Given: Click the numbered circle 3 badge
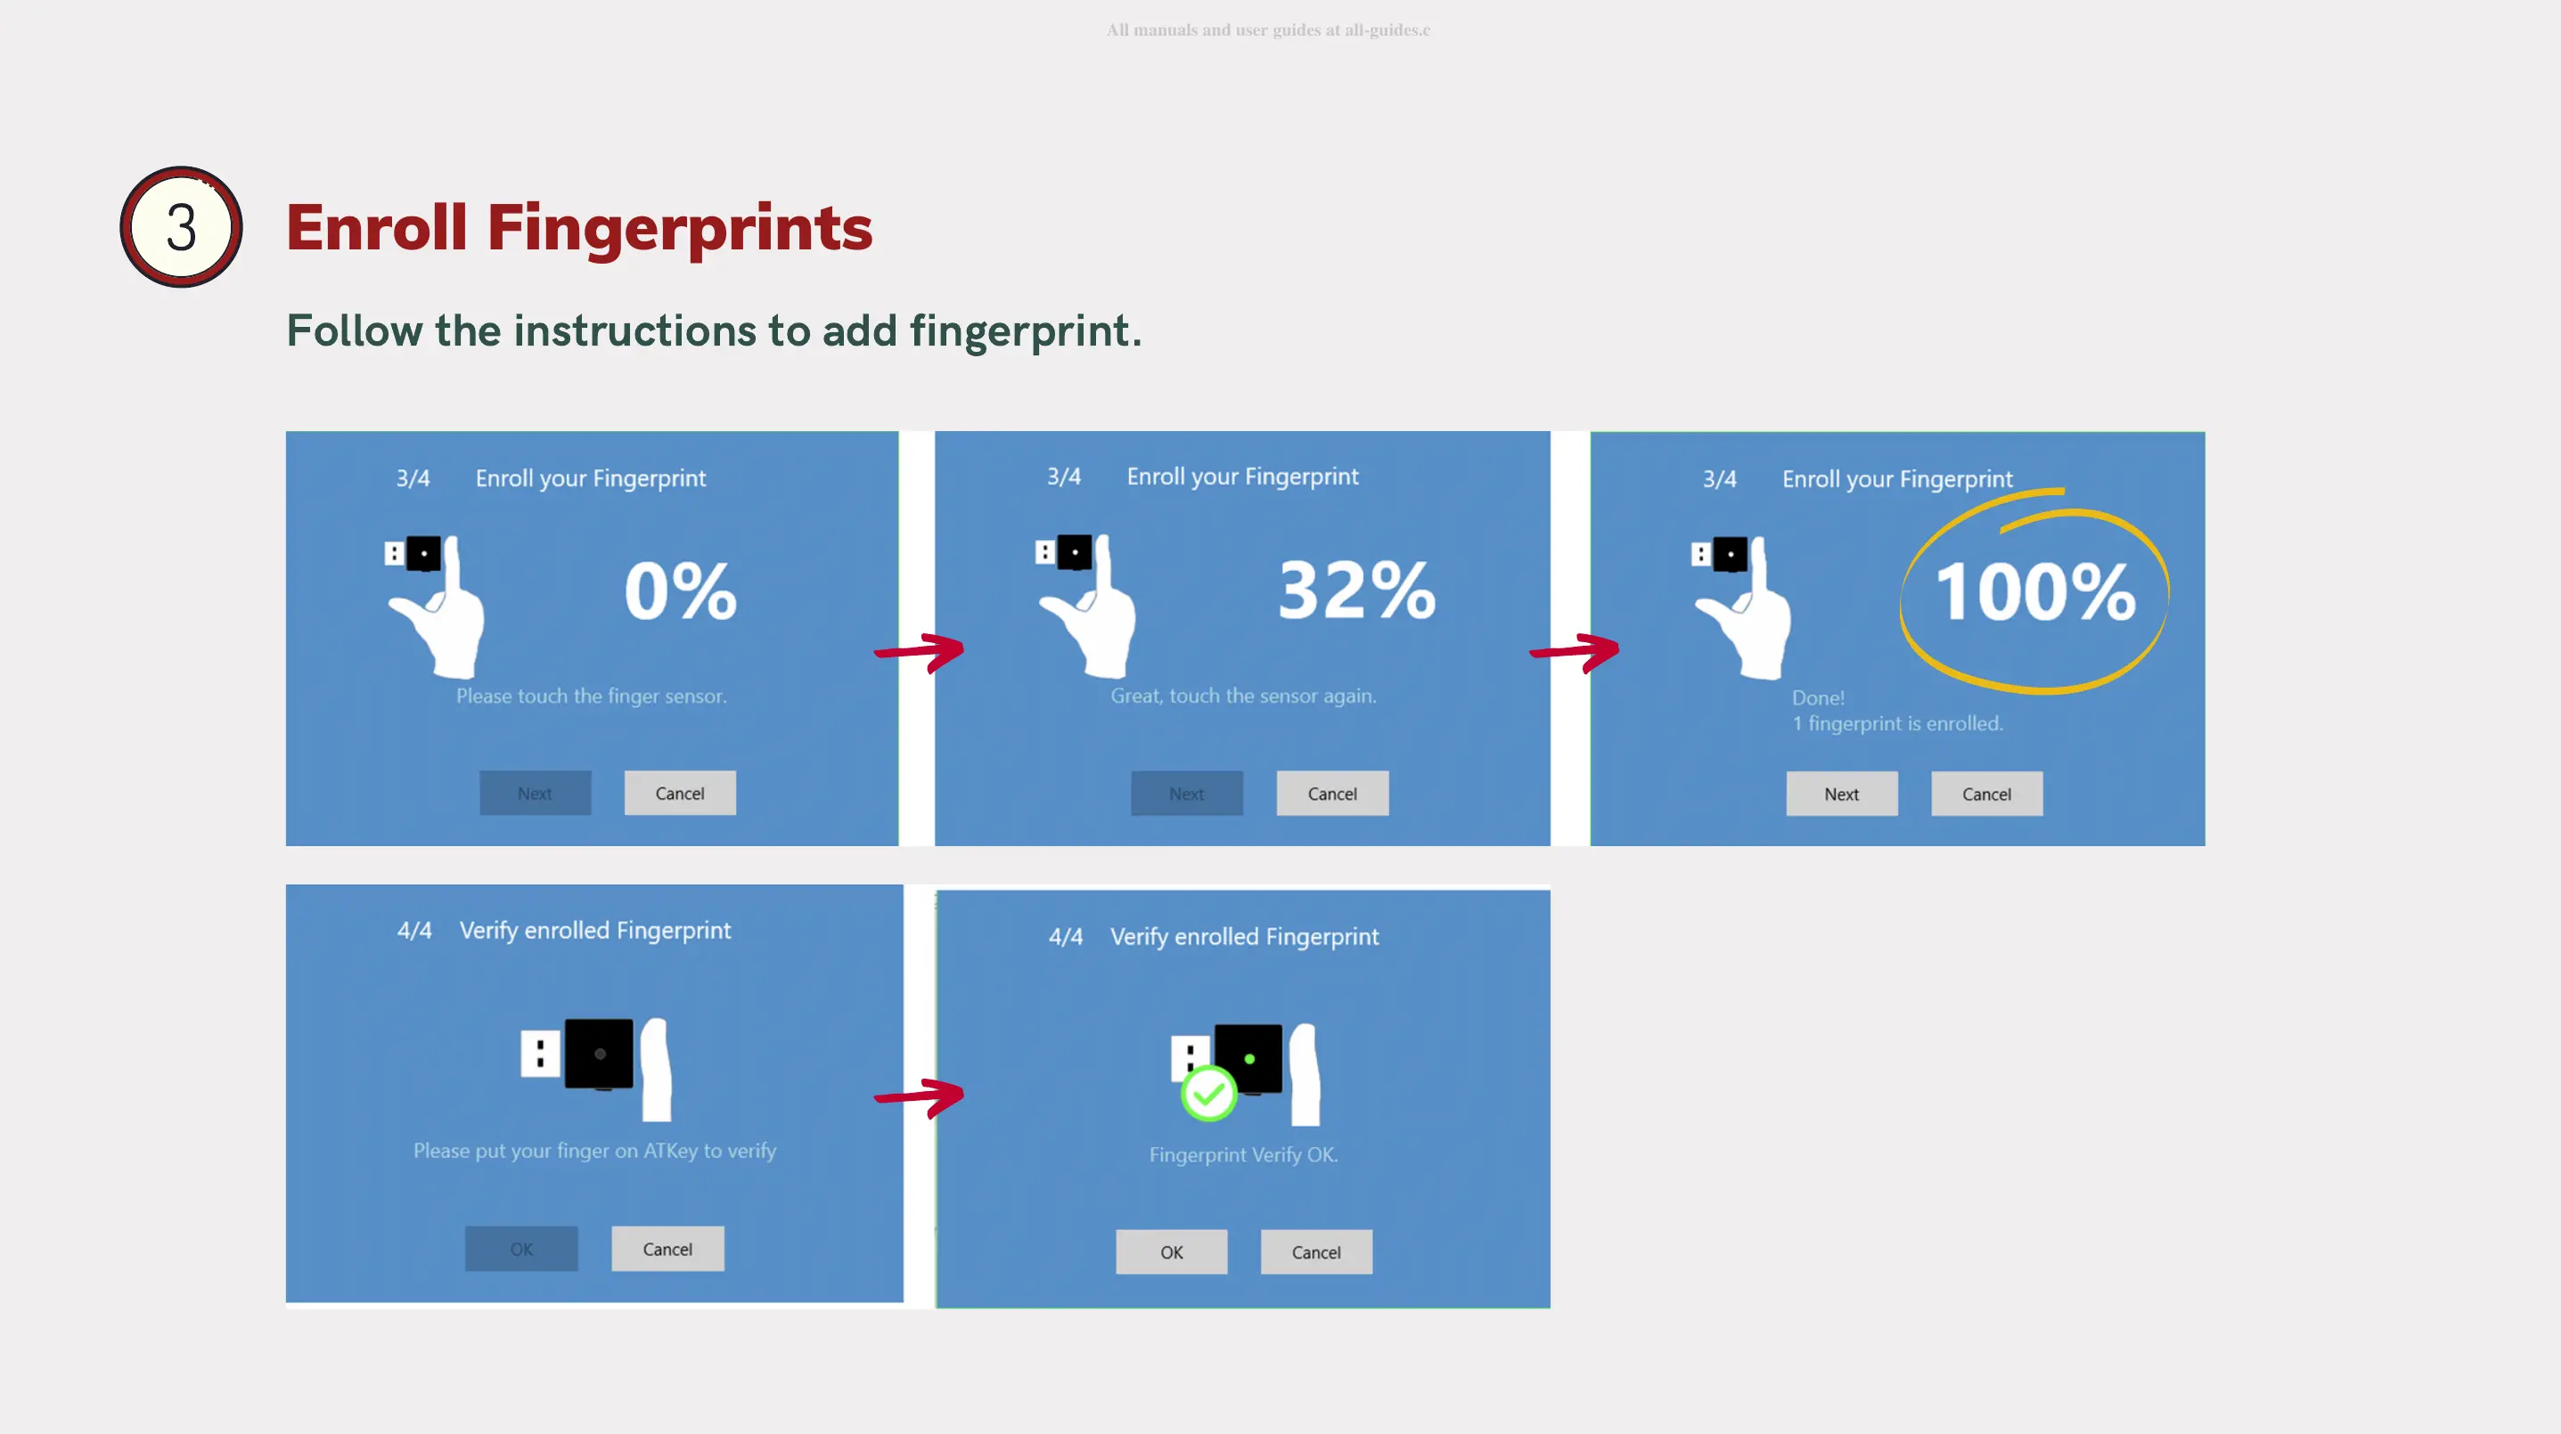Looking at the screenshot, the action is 181,226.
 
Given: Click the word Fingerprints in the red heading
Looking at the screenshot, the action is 679,229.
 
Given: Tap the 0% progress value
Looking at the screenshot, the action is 681,591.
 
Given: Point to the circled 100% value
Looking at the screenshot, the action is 2035,591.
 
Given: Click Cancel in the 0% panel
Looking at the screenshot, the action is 680,793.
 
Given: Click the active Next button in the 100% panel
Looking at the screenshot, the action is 1841,794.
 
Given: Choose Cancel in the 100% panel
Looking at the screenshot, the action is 1986,794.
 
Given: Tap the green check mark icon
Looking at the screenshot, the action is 1208,1093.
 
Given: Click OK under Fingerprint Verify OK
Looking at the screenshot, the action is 1171,1252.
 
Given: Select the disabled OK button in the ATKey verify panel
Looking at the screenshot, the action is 521,1249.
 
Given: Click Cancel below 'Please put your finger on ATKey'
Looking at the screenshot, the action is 667,1249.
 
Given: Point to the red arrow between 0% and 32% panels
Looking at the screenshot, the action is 920,652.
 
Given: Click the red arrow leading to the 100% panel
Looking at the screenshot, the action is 1575,652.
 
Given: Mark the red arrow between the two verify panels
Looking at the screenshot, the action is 920,1096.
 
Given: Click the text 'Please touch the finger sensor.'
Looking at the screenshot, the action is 592,696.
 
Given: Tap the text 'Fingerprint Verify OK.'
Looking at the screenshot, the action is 1244,1154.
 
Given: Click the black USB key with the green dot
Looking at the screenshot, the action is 1248,1058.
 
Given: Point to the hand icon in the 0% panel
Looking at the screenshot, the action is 438,607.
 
